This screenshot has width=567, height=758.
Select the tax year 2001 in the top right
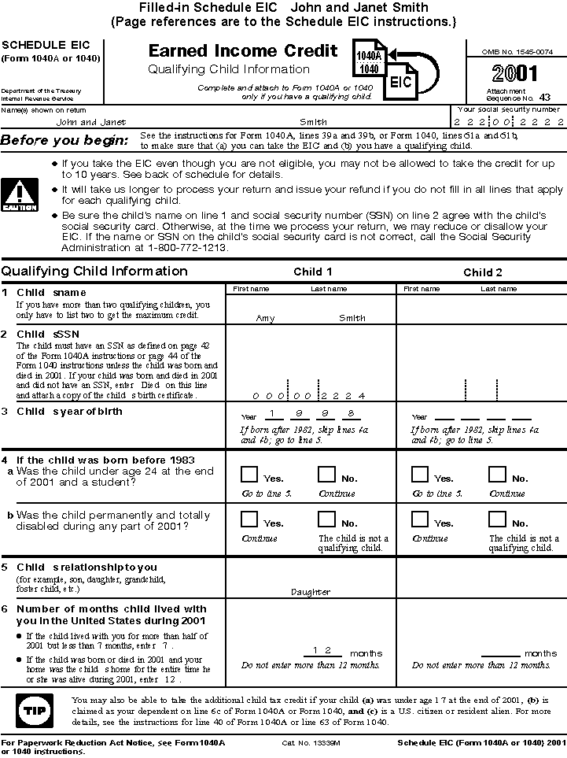(x=515, y=74)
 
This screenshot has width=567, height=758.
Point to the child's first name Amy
(x=265, y=318)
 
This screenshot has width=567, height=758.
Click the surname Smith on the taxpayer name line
(x=313, y=122)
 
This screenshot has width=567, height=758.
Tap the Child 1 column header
(x=312, y=272)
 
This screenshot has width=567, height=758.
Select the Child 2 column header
(x=482, y=272)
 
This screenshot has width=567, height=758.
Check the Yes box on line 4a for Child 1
(x=249, y=475)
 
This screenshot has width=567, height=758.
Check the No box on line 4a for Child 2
(x=496, y=475)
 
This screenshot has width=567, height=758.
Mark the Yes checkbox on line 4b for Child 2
(x=420, y=520)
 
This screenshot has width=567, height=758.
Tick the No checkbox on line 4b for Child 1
(x=326, y=520)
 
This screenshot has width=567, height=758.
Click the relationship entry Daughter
(x=311, y=592)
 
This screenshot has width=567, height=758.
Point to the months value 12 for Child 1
(x=321, y=650)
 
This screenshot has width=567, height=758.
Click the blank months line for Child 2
(x=494, y=653)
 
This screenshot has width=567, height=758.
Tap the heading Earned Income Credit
(x=243, y=52)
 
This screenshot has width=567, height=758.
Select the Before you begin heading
(x=64, y=141)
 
